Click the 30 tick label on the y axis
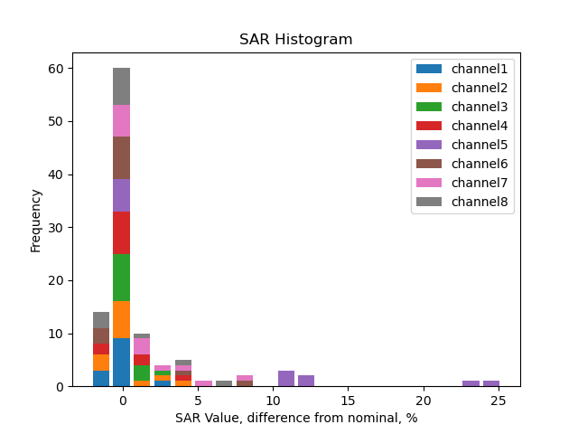[x=54, y=228]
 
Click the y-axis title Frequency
[x=36, y=220]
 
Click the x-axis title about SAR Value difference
[x=296, y=419]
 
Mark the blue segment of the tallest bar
[x=122, y=363]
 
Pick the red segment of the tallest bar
[x=122, y=232]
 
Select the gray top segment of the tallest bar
[x=122, y=87]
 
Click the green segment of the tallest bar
[x=122, y=278]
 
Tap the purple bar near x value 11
[x=286, y=378]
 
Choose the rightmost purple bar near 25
[x=491, y=383]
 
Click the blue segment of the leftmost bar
[x=101, y=378]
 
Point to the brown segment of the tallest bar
[x=122, y=157]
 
